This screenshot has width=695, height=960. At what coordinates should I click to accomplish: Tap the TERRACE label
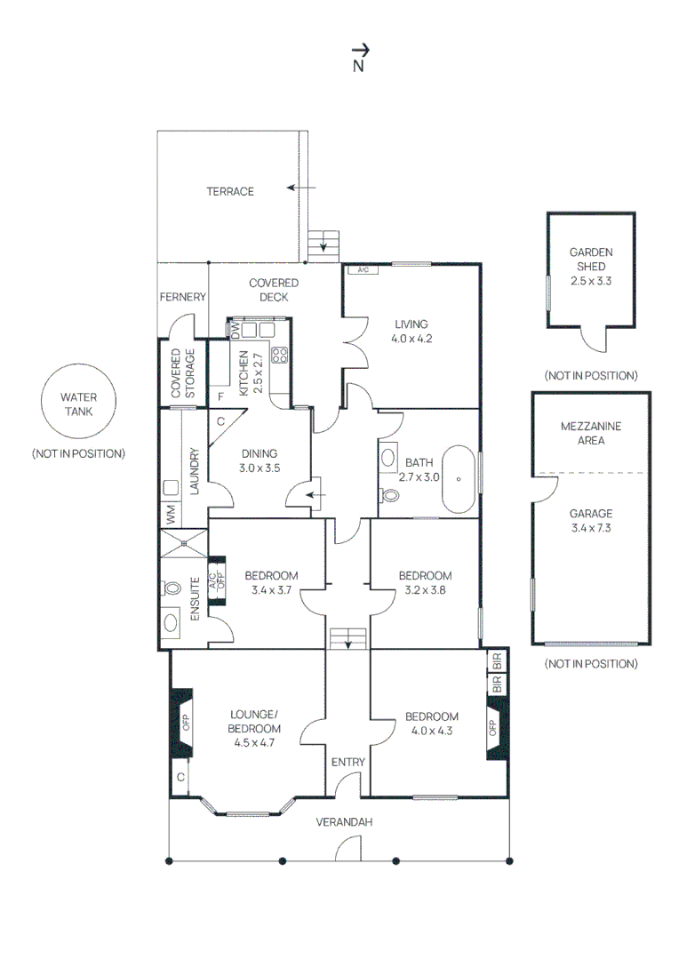click(x=230, y=192)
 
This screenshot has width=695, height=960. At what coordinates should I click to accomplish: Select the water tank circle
click(x=78, y=401)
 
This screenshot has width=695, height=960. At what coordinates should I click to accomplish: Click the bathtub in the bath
click(x=459, y=479)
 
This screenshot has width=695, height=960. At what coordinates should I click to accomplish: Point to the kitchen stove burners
click(x=280, y=355)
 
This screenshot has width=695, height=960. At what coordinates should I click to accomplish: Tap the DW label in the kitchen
click(x=236, y=330)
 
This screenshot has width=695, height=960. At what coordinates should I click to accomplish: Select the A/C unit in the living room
click(x=363, y=270)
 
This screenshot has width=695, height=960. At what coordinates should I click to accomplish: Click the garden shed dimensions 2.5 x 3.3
click(x=591, y=281)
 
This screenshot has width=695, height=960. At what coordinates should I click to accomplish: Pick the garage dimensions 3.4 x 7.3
click(x=591, y=528)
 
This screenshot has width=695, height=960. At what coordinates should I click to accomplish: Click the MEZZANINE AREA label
click(x=591, y=434)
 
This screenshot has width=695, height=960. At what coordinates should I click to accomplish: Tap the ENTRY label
click(x=347, y=763)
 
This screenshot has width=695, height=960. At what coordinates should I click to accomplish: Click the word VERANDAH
click(x=344, y=822)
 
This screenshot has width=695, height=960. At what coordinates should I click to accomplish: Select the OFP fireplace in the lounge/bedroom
click(x=182, y=723)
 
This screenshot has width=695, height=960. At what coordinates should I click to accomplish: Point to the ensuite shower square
click(x=184, y=543)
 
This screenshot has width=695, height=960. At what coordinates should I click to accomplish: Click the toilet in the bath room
click(x=389, y=494)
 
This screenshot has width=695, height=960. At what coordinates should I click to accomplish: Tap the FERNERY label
click(x=182, y=297)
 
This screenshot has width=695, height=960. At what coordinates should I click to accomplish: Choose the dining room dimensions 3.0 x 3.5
click(x=260, y=468)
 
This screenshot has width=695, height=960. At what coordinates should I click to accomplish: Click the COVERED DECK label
click(x=274, y=290)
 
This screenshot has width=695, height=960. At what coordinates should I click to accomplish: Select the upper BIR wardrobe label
click(x=497, y=661)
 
